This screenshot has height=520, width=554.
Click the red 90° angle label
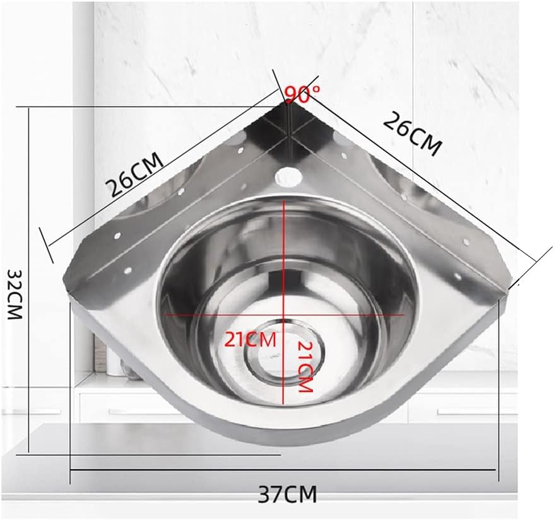point(302,95)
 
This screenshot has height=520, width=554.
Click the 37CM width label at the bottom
point(287,493)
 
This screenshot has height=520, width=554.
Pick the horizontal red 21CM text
point(250,340)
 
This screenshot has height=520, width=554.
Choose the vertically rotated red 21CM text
point(305,367)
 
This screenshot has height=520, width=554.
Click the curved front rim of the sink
point(284,435)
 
